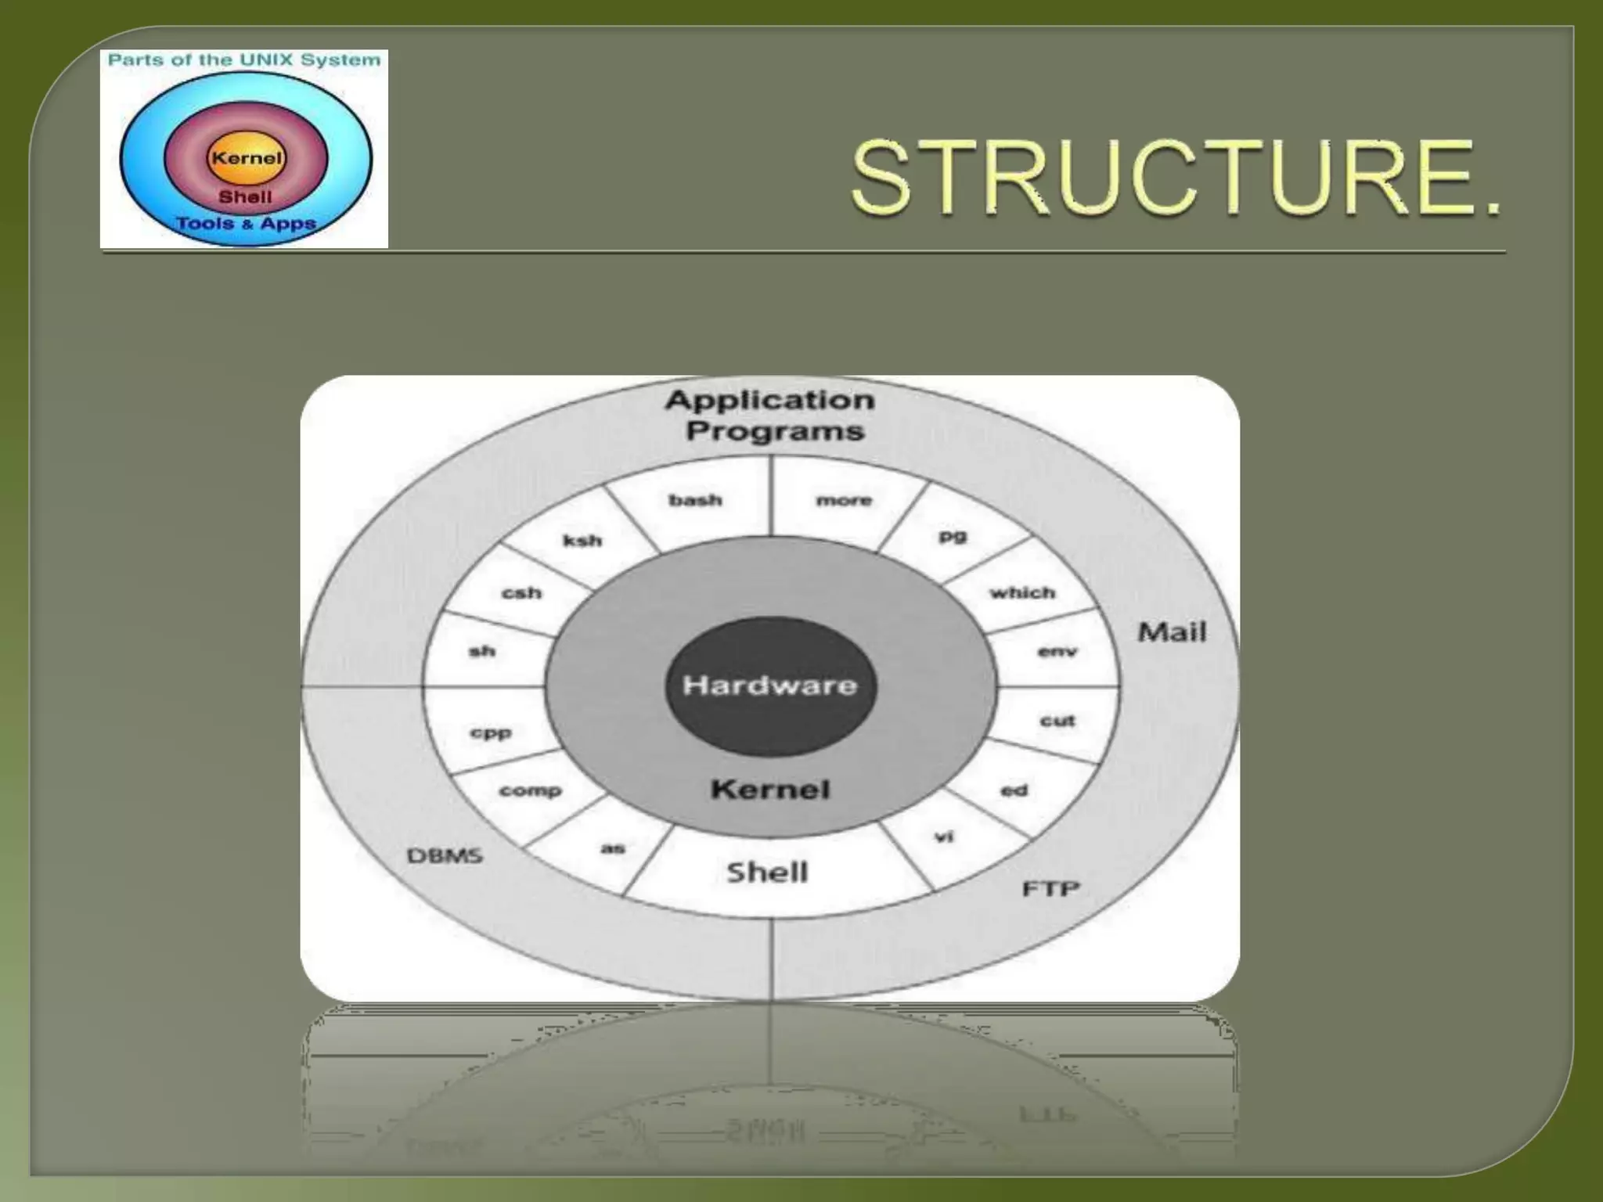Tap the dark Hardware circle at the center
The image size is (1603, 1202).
tap(770, 686)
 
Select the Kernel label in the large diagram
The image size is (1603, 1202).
tap(770, 789)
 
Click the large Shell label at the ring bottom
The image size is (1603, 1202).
tap(767, 872)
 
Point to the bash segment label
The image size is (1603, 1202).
tap(695, 500)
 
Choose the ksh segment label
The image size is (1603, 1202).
tap(582, 540)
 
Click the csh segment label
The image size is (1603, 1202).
tap(521, 592)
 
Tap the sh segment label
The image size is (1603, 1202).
tap(482, 651)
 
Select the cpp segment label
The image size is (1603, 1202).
tap(491, 733)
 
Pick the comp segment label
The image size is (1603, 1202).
tap(530, 790)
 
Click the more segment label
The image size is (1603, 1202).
tap(844, 500)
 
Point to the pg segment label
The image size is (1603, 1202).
tap(953, 537)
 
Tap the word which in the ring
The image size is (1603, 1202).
tap(1022, 592)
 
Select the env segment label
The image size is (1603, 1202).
tap(1057, 651)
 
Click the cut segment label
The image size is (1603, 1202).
tap(1057, 721)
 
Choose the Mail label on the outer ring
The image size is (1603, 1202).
tap(1172, 632)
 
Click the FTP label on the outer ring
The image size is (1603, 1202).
tap(1050, 889)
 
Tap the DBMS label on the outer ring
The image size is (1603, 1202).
tap(445, 855)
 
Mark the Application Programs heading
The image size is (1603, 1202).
tap(771, 416)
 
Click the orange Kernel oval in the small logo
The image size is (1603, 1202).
tap(246, 158)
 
